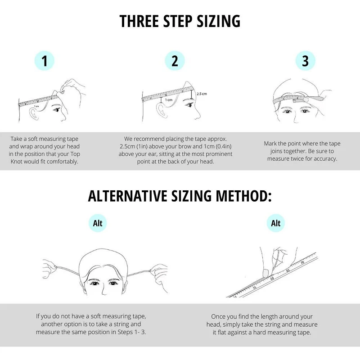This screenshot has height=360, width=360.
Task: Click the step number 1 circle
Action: (44, 61)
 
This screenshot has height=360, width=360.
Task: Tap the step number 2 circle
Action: (175, 61)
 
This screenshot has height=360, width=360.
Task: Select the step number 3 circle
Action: (305, 61)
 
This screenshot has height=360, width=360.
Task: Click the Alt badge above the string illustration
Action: (98, 223)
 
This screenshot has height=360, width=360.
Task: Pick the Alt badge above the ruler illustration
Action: (275, 223)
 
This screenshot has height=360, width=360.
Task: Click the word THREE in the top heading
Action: (140, 21)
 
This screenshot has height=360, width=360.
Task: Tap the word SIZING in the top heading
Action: (219, 21)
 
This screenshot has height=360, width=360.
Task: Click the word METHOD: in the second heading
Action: (243, 196)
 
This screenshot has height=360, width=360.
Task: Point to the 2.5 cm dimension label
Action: (202, 94)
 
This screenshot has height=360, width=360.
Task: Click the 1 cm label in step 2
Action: (169, 100)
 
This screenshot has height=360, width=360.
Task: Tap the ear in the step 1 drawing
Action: (34, 114)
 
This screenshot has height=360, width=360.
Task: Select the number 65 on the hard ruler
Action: (288, 271)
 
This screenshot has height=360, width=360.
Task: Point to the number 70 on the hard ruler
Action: (302, 263)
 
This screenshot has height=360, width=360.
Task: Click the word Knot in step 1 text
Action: (17, 162)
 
